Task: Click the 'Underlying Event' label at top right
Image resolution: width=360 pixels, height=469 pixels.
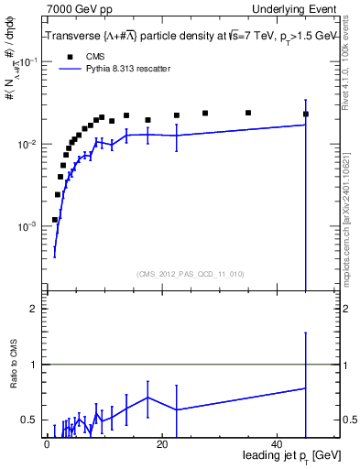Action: [x=294, y=8]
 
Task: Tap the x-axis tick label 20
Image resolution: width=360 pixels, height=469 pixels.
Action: [x=161, y=444]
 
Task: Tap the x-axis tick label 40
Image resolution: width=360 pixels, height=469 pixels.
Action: [x=278, y=444]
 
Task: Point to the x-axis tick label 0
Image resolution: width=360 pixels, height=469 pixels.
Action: [x=46, y=444]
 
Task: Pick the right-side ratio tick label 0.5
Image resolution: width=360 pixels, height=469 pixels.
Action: [x=348, y=420]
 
